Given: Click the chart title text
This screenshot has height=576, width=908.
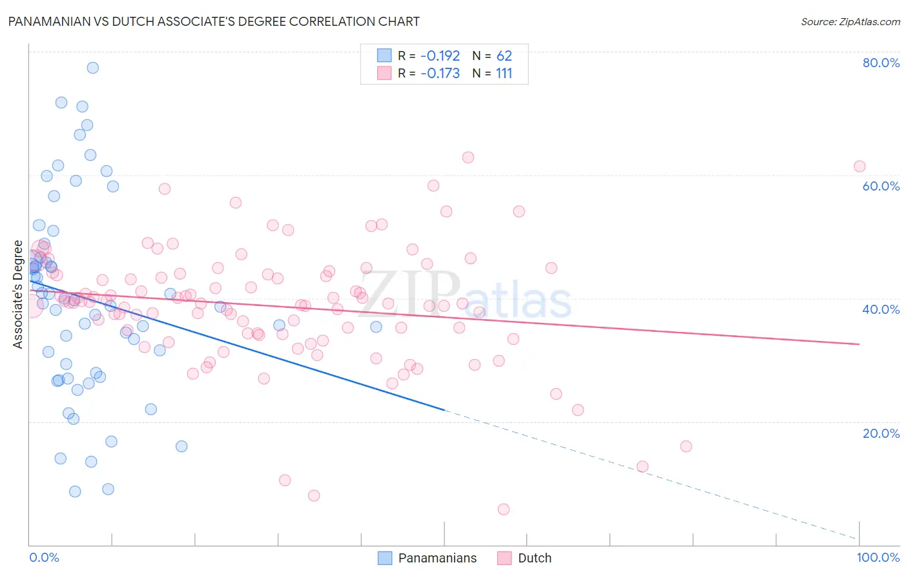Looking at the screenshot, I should coord(213,21).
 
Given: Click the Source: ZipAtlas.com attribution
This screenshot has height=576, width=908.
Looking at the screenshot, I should coord(850,21).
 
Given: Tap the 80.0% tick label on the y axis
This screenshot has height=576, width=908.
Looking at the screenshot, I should coord(881,63).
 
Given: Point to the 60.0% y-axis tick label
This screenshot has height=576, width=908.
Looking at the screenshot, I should coord(881,186).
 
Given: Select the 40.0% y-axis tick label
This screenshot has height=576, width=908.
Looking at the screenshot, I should coord(881,309).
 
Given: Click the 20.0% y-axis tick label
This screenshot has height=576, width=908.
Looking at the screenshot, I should coord(881,433).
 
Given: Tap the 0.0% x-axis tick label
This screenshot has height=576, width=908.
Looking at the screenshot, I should coord(44,557).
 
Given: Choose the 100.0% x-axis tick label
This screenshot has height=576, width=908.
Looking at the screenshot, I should coord(878,557).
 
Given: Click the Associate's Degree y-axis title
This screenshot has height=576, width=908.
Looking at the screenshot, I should coord(18,294).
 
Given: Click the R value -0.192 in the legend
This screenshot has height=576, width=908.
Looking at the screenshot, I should coord(440,56).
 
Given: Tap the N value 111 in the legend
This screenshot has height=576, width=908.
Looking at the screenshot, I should coord(504,73).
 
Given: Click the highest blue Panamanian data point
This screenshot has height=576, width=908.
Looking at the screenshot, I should coord(93,68).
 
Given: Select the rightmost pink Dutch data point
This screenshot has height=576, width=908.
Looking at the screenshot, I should coord(860,167).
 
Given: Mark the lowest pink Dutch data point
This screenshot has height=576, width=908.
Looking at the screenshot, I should coord(504,509).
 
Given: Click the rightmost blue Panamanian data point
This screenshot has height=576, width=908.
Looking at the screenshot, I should coord(376,327).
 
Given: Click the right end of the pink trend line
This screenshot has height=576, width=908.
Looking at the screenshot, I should coord(859,344).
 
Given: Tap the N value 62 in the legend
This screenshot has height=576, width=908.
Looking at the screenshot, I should coord(504,56).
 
